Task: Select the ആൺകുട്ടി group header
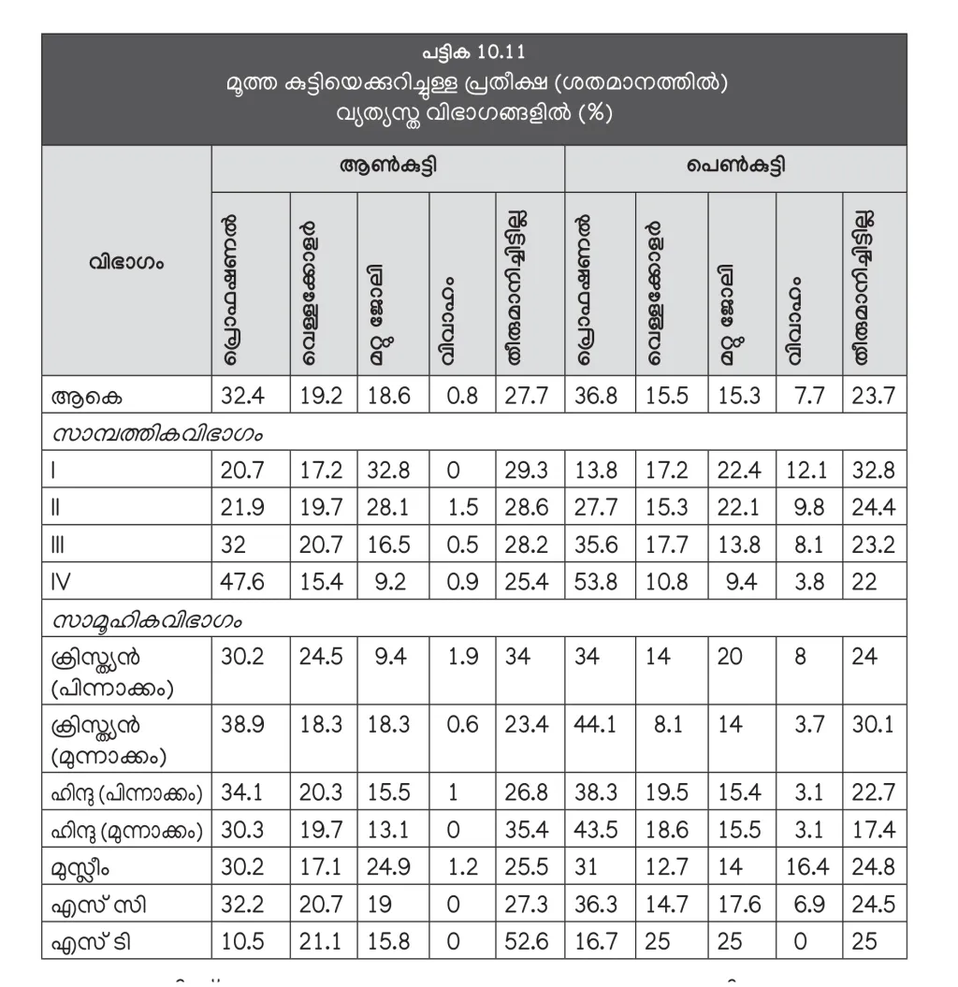coord(388,168)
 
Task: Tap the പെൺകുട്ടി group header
coord(735,168)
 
